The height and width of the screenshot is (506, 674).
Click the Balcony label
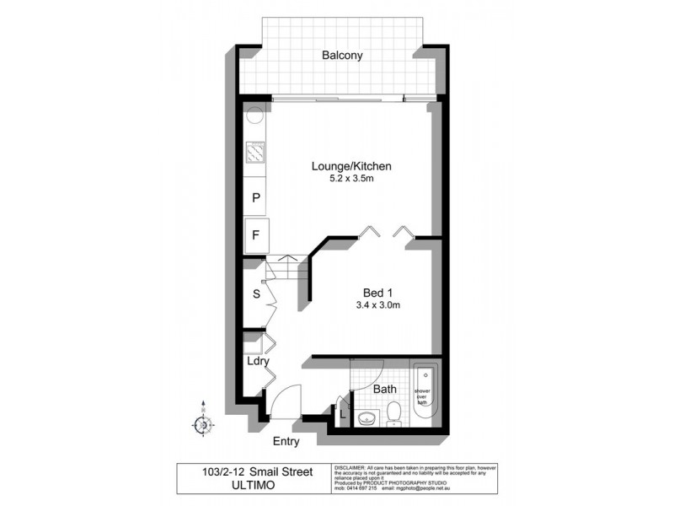pyautogui.click(x=342, y=56)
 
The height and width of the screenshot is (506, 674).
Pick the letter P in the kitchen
pyautogui.click(x=256, y=198)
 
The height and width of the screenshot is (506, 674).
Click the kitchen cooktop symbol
pyautogui.click(x=255, y=152)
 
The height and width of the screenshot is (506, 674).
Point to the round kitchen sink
pyautogui.click(x=254, y=119)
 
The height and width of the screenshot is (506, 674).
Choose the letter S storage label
pyautogui.click(x=256, y=295)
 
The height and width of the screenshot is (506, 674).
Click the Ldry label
pyautogui.click(x=257, y=362)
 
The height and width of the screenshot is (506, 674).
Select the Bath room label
pyautogui.click(x=385, y=390)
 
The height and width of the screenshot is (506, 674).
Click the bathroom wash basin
pyautogui.click(x=366, y=417)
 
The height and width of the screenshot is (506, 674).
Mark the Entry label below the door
pyautogui.click(x=286, y=441)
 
